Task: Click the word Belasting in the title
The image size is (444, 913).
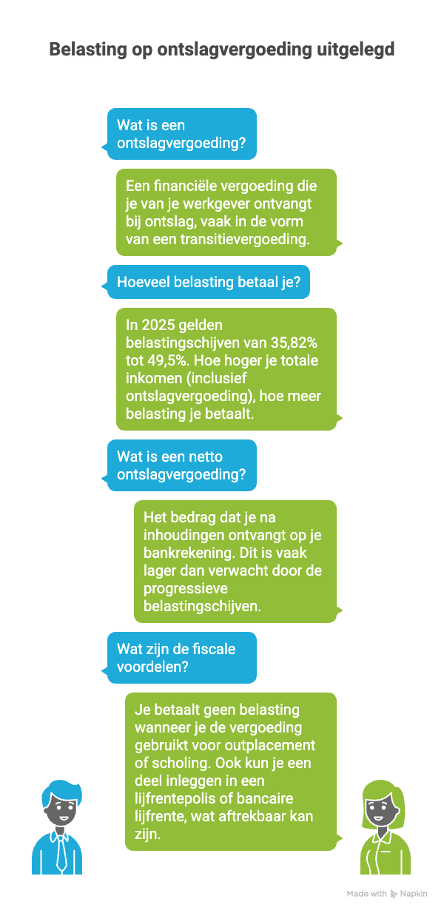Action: (x=82, y=50)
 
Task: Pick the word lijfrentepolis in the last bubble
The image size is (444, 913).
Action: (x=178, y=798)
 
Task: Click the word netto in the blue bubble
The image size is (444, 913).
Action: (x=206, y=457)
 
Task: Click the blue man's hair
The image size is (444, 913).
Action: (x=56, y=789)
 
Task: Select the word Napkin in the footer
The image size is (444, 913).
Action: (x=414, y=894)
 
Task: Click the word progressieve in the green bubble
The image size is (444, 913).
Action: (x=186, y=588)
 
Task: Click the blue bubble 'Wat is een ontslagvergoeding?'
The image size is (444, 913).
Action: (x=182, y=134)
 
